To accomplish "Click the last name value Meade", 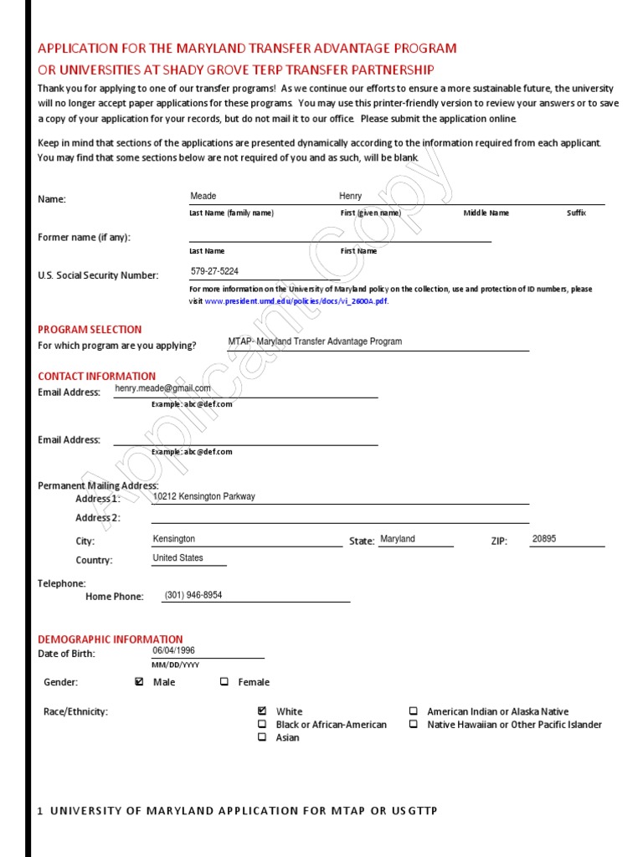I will [x=203, y=196].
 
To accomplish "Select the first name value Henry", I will [x=351, y=196].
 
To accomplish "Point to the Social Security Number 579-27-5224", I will [x=214, y=271].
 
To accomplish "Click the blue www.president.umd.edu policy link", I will [x=296, y=301].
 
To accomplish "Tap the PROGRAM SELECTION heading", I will [x=90, y=330].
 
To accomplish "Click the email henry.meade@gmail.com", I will [x=163, y=388].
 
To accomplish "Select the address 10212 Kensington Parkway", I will [x=204, y=496].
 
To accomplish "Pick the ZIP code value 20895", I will [x=544, y=539].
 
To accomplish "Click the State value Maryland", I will [x=398, y=539].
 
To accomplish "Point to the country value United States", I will [x=178, y=557].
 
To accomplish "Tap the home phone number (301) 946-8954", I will [x=193, y=595].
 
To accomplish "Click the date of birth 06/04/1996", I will [x=174, y=650].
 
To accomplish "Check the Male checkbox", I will [x=139, y=682].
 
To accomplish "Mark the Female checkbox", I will [x=224, y=682].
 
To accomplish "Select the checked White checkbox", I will [x=262, y=711].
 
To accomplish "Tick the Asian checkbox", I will [x=262, y=737].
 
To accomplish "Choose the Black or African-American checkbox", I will [x=262, y=724].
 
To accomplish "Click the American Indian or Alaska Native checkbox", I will [x=414, y=711].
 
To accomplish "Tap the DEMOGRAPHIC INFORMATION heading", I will [x=110, y=639].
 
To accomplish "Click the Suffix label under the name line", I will [x=576, y=213].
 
